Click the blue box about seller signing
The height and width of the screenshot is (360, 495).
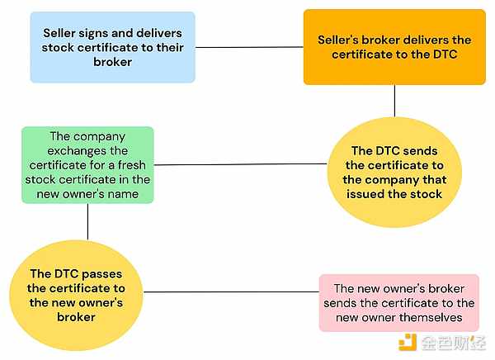coord(113,47)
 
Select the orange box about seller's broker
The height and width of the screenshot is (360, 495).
coord(394,47)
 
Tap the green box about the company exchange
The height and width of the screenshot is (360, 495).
coord(87,165)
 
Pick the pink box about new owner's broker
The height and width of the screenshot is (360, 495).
coord(399,303)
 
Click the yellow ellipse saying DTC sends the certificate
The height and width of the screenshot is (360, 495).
coord(394,173)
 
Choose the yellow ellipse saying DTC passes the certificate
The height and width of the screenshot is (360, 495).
coord(76,296)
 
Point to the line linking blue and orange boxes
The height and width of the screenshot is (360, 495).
coord(249,47)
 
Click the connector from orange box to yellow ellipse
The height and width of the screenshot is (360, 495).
coord(394,101)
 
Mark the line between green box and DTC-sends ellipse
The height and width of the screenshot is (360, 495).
coord(240,164)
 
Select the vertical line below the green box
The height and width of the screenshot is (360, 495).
coord(87,222)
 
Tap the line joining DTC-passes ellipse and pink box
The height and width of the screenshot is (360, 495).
coord(231,291)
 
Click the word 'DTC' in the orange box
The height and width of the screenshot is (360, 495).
coord(445,54)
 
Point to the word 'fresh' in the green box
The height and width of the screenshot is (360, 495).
coord(132,165)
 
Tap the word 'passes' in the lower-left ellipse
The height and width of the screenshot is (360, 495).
coord(102,274)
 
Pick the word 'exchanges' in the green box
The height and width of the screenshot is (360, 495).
coord(87,151)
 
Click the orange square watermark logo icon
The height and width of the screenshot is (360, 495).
coord(408,342)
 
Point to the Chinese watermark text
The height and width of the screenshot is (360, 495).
coord(453,343)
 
